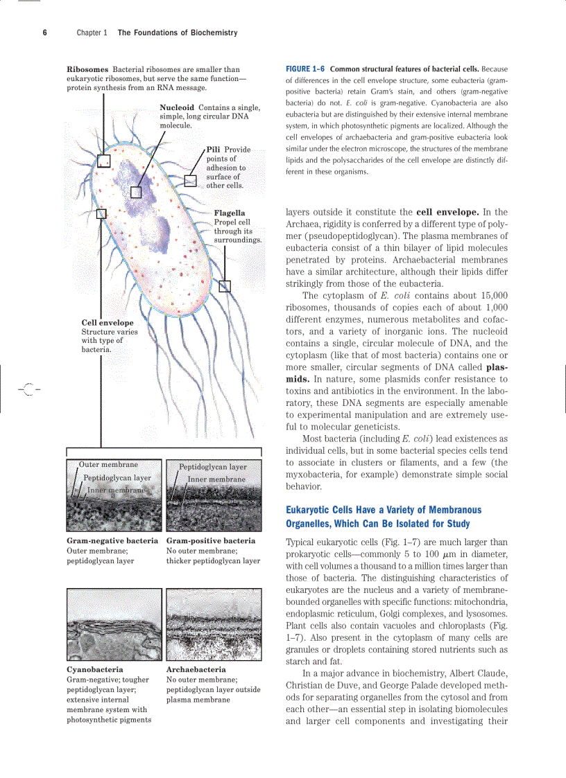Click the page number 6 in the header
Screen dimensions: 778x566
(44, 33)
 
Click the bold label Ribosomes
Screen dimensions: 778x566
(87, 69)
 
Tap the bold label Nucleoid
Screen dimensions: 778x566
(177, 108)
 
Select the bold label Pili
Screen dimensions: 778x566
(214, 150)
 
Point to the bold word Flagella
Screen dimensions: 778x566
(230, 213)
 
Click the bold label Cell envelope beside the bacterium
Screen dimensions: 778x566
(108, 323)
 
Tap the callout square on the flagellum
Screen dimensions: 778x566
(225, 286)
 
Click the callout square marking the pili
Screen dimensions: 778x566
(190, 181)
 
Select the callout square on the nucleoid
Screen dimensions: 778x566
(137, 192)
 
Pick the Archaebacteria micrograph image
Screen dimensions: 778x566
(214, 625)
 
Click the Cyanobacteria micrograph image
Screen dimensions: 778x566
(114, 625)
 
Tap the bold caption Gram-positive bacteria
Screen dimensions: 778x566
(211, 540)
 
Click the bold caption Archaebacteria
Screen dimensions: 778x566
(196, 670)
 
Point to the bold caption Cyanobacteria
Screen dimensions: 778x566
(95, 670)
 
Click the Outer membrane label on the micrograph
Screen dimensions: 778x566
(108, 465)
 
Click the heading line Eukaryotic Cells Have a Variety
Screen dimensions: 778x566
(384, 510)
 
